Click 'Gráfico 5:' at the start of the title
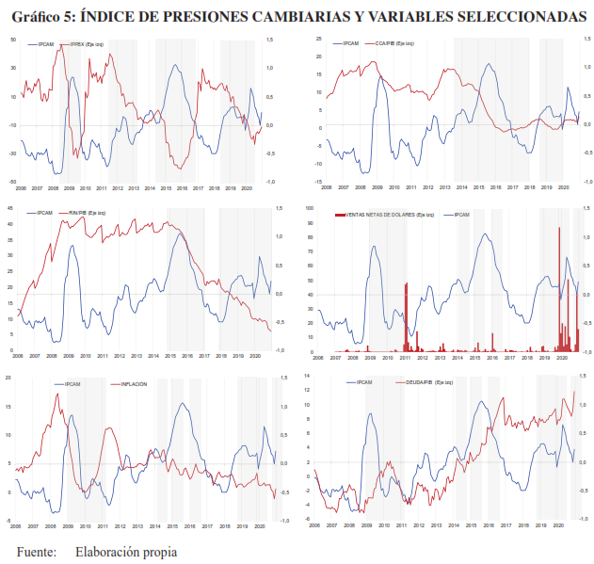click(41, 16)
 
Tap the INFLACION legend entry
click(132, 384)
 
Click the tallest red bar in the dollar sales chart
click(559, 229)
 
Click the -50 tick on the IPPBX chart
click(12, 182)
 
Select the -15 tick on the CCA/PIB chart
click(319, 182)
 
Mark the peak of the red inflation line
click(56, 394)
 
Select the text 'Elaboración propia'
click(126, 552)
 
